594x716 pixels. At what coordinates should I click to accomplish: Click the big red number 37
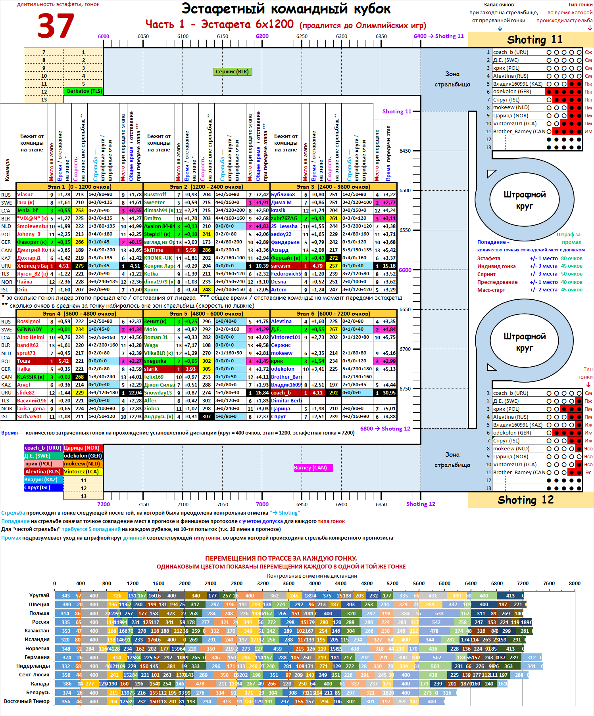coord(56,26)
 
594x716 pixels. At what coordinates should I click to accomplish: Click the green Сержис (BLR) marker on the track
coord(232,72)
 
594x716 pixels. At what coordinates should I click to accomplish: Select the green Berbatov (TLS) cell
coord(84,91)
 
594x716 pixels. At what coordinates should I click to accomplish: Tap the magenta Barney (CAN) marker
coord(313,468)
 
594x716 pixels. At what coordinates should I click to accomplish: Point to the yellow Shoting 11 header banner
coord(531,40)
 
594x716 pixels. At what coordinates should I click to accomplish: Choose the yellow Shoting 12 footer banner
coord(531,500)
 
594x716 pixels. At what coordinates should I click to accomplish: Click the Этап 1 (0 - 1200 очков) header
coord(79,187)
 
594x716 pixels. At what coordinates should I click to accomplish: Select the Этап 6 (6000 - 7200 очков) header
coord(333,314)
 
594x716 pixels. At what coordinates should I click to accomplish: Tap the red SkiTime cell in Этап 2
coord(158,250)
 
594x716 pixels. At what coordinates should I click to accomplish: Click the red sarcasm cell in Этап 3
coord(286,266)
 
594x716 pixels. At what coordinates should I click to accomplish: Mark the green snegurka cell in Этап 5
coord(158,361)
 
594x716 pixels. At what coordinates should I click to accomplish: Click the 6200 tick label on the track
coord(262,36)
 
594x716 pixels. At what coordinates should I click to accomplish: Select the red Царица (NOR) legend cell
coord(83,448)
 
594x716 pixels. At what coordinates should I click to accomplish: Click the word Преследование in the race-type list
coord(497,282)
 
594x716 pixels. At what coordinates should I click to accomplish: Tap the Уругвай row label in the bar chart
coord(39,595)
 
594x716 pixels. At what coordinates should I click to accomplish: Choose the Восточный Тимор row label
coord(27,701)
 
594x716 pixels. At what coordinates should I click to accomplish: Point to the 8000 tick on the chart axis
coord(575,584)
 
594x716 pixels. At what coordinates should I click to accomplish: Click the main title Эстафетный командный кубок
coord(286,9)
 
